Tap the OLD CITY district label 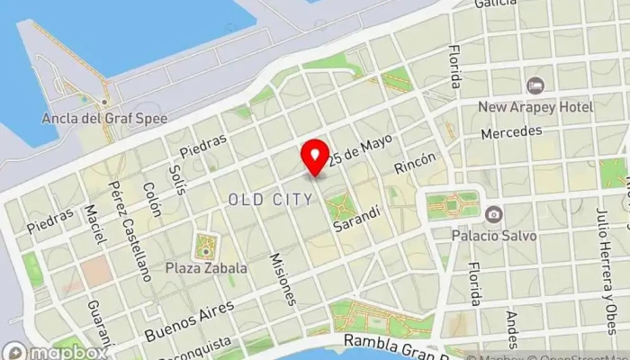[271, 199]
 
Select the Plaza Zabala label [206, 267]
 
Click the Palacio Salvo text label [494, 236]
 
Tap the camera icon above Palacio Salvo [493, 214]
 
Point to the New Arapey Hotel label [535, 107]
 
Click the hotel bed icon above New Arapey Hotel [535, 85]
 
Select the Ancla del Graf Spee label [95, 117]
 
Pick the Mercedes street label [511, 131]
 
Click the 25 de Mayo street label [362, 150]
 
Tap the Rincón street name [414, 163]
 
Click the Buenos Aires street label [189, 321]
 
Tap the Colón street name [151, 201]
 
